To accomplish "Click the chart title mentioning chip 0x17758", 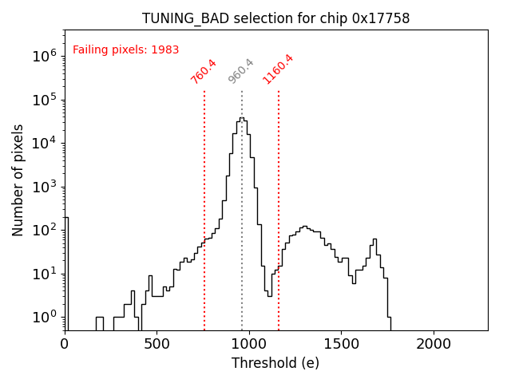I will [275, 18].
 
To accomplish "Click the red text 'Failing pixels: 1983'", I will [125, 49].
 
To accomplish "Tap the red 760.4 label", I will [204, 71].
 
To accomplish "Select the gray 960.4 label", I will [241, 71].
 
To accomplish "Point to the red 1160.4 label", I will [279, 69].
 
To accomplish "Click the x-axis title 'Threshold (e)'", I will [275, 363].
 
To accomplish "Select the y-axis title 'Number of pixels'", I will [18, 180].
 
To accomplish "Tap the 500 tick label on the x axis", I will [156, 343].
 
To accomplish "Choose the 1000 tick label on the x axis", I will [249, 343].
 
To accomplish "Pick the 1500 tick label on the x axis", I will [341, 343].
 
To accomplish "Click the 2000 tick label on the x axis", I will [434, 343].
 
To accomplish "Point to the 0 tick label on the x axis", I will [65, 343].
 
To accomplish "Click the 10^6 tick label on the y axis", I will [43, 56].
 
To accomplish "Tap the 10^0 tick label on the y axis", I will [43, 318].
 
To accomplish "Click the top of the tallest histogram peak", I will [242, 119].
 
